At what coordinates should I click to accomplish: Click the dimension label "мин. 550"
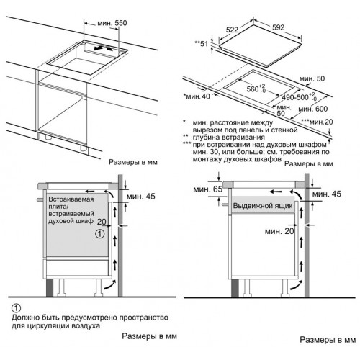(112, 23)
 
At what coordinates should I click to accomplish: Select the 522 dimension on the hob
(232, 30)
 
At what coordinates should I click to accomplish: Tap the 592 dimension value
(278, 27)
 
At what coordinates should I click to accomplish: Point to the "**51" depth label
(201, 44)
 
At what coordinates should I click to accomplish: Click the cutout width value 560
(253, 89)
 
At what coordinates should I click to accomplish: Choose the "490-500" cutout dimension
(295, 97)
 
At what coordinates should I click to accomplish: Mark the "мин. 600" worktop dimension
(313, 109)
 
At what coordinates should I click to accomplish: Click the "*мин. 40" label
(197, 96)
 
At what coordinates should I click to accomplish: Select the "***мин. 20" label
(318, 122)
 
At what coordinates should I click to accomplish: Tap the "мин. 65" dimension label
(208, 189)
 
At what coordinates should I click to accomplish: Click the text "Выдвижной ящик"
(263, 206)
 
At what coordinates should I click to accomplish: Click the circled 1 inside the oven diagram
(100, 233)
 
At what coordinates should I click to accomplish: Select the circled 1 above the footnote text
(16, 308)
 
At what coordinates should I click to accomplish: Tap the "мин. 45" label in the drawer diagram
(327, 194)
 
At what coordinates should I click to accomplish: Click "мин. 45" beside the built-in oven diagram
(141, 197)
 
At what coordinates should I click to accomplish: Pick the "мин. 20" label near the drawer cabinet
(279, 231)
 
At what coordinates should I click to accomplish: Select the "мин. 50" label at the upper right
(312, 78)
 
